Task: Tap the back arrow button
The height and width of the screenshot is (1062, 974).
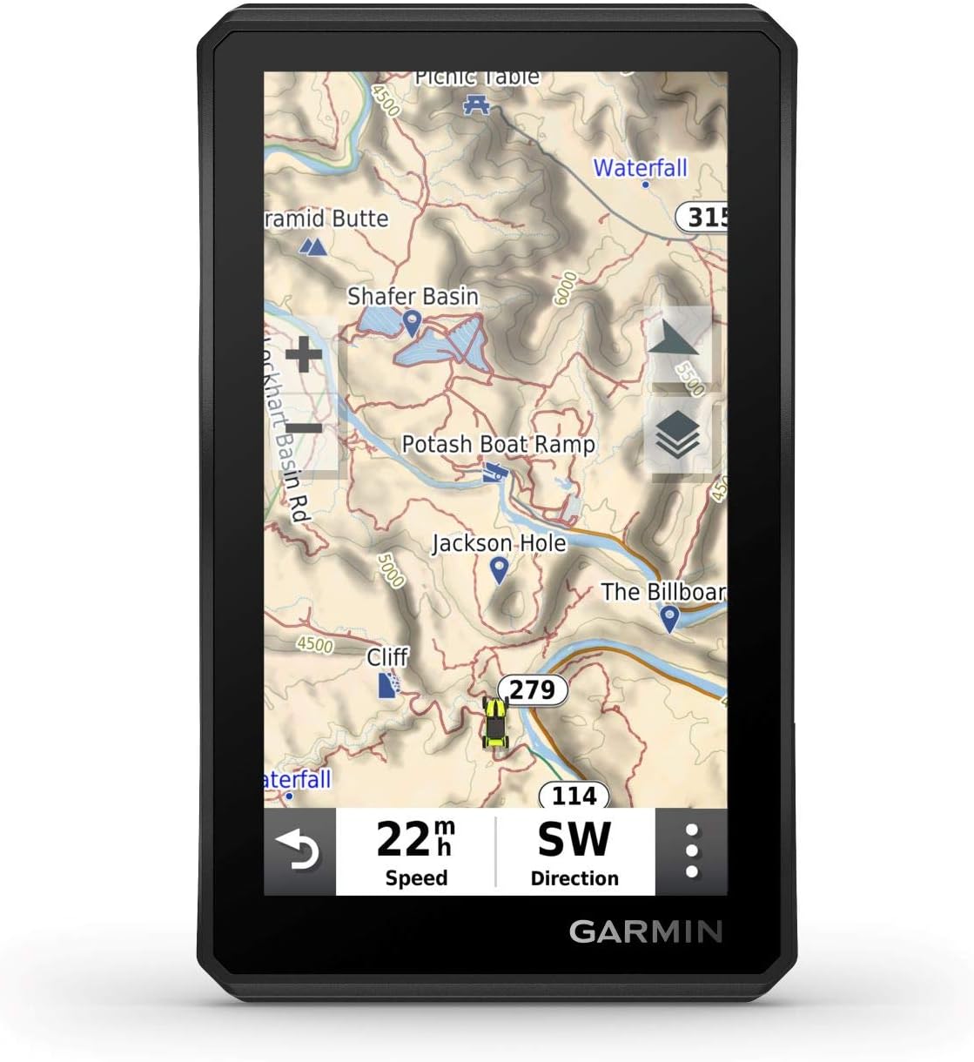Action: tap(299, 851)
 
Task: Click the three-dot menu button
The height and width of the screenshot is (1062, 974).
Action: tap(691, 851)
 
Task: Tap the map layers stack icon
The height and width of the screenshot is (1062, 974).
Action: tap(677, 434)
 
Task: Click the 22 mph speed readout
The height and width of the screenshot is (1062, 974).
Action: tap(415, 851)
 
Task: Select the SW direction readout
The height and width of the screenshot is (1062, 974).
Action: tap(574, 851)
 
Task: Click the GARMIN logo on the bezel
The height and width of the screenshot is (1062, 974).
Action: tap(646, 931)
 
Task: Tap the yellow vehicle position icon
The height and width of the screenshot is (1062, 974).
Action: tap(495, 722)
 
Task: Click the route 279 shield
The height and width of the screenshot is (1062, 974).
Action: tap(532, 690)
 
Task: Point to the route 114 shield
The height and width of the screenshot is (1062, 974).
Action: tap(574, 795)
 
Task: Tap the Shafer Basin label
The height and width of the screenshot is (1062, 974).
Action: tap(413, 296)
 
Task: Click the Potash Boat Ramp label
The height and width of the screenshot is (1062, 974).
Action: tap(498, 444)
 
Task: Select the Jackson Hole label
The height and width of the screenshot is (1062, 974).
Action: tap(499, 543)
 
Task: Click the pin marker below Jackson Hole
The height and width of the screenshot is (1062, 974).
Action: tap(499, 570)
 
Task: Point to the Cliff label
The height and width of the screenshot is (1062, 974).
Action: tap(387, 656)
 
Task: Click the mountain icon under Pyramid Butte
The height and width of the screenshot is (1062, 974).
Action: tap(312, 247)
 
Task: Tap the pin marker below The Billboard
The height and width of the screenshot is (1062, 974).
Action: tap(668, 618)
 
